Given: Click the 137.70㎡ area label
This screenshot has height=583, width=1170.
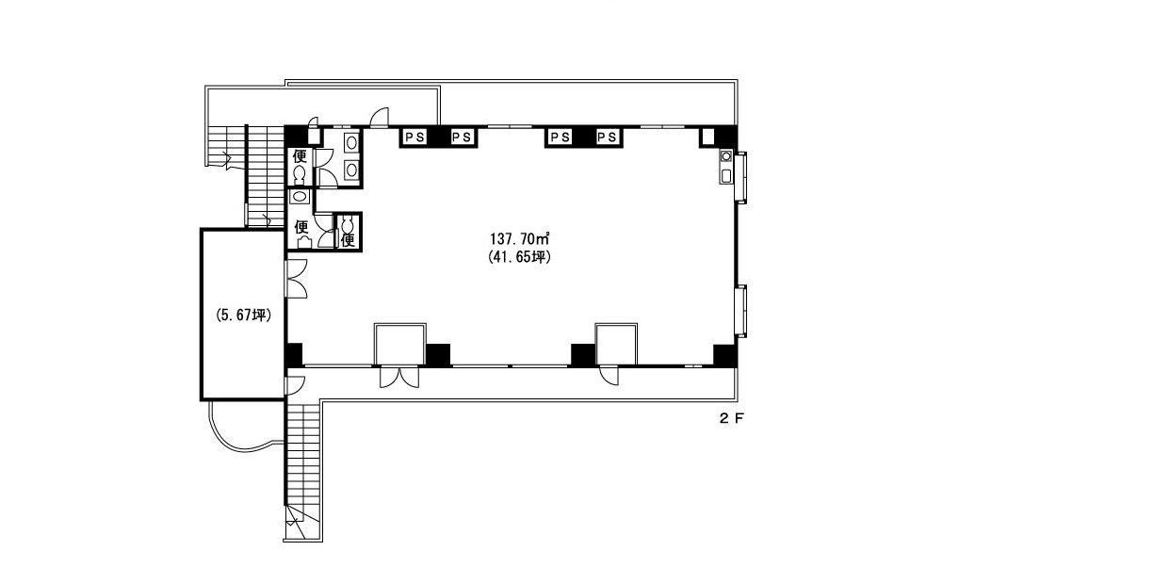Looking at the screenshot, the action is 519,239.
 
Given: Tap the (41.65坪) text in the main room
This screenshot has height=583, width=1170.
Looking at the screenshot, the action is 519,257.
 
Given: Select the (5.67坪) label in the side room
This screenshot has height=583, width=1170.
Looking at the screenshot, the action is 243,315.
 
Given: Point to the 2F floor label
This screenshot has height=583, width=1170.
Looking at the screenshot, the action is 731,418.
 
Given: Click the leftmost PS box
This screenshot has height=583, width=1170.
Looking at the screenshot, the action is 414,137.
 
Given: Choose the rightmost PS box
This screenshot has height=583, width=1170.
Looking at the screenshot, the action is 608,137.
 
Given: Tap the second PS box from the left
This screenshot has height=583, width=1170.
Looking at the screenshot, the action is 462,137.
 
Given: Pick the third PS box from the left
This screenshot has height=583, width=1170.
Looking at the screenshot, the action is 560,137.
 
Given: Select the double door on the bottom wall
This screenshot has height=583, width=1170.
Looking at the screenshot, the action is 399,377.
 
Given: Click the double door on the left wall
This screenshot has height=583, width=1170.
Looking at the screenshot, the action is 296,279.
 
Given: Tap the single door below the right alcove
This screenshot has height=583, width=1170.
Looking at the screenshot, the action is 609,376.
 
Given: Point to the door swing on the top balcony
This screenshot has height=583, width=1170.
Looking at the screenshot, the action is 380,117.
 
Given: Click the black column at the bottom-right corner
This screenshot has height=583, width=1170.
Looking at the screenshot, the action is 725,355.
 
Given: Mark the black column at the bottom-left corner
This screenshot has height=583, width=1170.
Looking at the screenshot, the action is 294,355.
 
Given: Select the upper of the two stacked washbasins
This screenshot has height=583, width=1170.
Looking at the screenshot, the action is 351,142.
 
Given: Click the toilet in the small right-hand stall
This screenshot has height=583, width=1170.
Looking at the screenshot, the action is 348,223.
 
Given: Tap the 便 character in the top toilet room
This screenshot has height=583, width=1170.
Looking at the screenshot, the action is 300,156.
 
